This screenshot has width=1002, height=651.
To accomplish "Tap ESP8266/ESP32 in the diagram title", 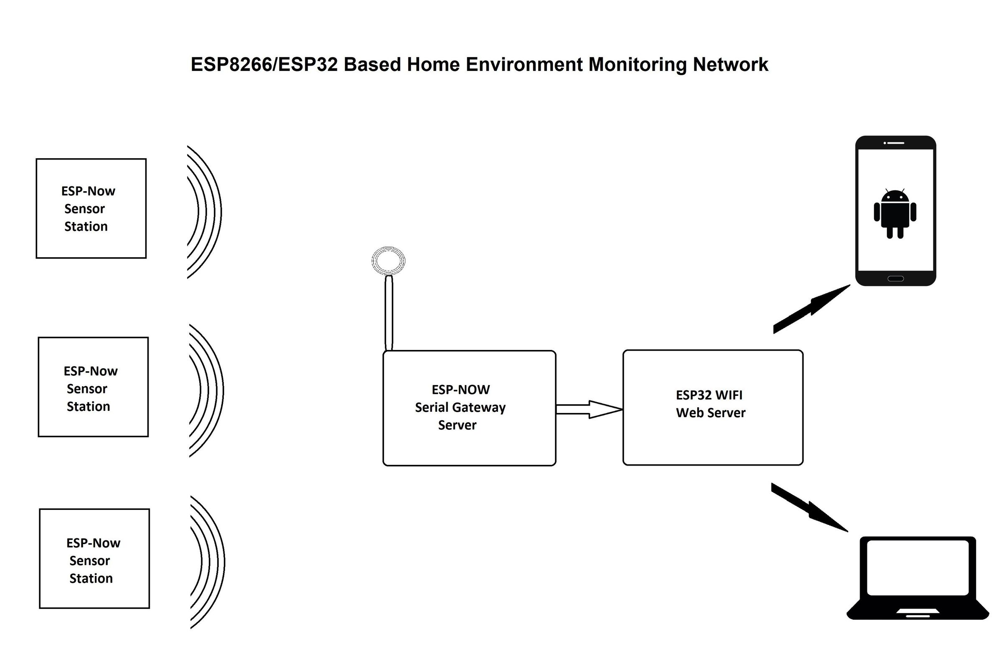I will (264, 65).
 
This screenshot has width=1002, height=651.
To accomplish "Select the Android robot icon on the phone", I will (895, 213).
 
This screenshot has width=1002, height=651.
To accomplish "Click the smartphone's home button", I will (896, 279).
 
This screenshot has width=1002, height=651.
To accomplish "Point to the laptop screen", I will (918, 567).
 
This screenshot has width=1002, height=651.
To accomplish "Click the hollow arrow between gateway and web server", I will (590, 409).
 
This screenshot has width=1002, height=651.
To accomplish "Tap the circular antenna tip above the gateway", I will (388, 261).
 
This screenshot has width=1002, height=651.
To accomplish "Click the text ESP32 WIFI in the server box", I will (709, 395).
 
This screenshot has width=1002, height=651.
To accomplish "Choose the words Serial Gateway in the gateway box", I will (460, 408).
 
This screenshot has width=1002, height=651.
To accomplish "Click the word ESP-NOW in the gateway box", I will (461, 390).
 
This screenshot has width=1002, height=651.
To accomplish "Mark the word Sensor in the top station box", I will (85, 209).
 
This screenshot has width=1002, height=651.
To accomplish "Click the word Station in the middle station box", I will (89, 407).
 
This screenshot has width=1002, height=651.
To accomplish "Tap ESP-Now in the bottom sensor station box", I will (93, 543).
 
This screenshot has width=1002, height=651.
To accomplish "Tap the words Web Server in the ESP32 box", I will (711, 413).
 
